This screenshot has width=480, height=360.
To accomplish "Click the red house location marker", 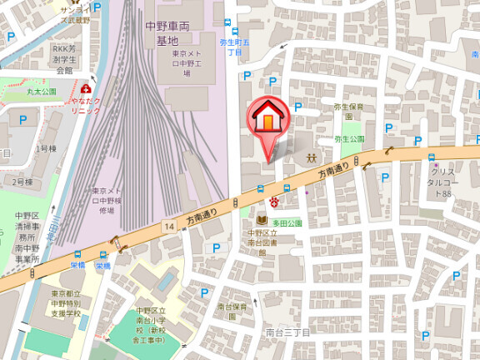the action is point(267,119).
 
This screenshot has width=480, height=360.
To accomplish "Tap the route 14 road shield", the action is point(169,226).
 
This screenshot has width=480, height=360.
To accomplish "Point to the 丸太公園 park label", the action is point(40,92).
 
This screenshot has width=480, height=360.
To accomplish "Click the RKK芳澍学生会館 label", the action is point(62,59).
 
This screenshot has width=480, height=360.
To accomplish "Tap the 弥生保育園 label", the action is point(349,107).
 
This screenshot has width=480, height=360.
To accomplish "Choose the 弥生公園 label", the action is point(349,139).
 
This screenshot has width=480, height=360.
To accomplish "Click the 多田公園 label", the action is point(287,223).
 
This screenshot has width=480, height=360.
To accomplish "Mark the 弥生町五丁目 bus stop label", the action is point(229,45).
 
